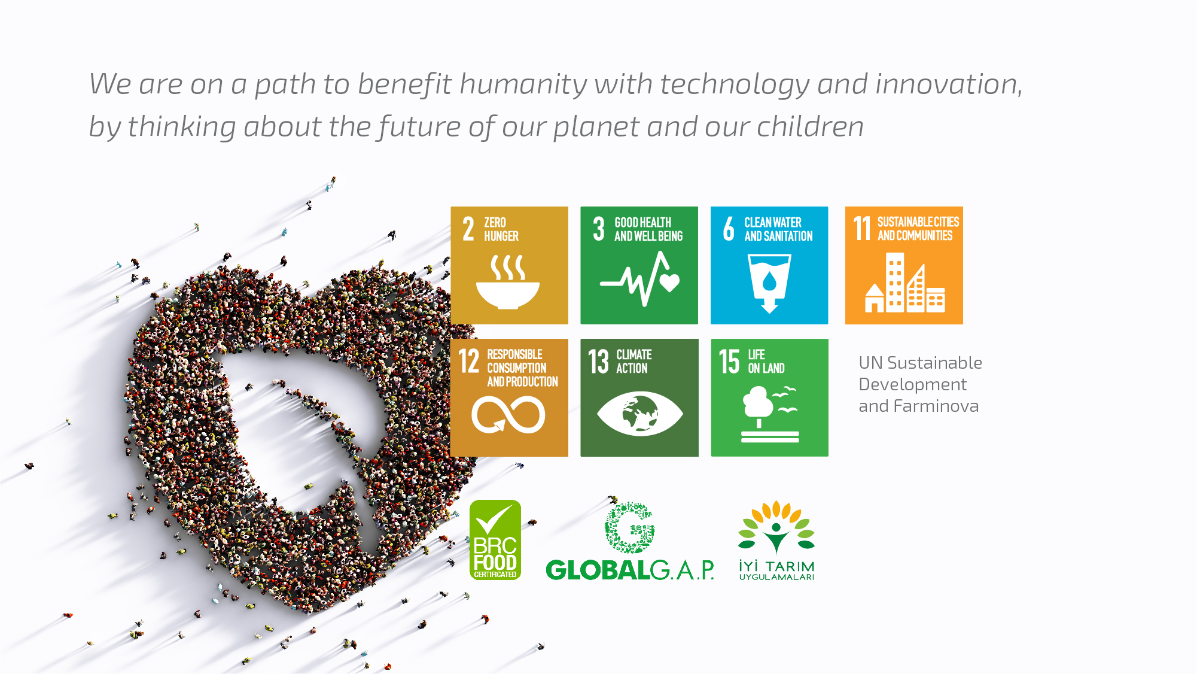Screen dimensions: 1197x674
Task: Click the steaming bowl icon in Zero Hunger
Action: [508, 282]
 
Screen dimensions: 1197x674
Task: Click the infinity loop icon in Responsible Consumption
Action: [508, 415]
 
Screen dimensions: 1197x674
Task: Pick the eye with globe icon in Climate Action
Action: [639, 414]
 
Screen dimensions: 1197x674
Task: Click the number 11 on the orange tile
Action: [862, 229]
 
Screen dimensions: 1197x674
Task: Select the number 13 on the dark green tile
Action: [598, 362]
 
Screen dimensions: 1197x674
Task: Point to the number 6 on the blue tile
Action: [729, 229]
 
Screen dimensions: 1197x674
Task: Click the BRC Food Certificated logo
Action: [495, 540]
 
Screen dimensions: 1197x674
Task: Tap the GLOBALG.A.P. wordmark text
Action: [630, 570]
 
